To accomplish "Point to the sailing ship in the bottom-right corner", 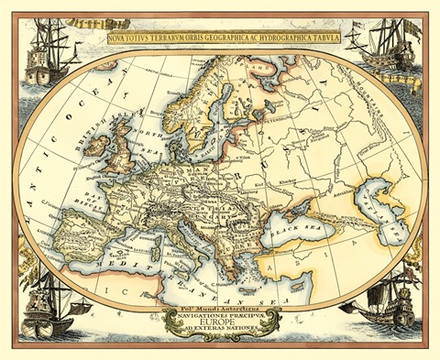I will pyautogui.click(x=385, y=307).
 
